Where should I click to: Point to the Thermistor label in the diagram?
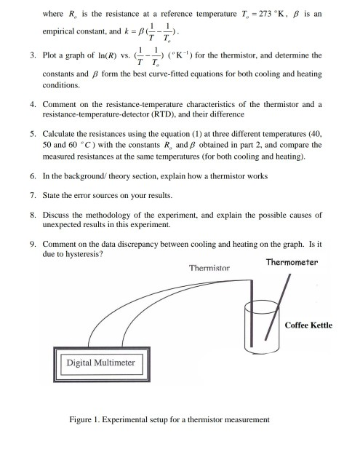(x=209, y=268)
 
